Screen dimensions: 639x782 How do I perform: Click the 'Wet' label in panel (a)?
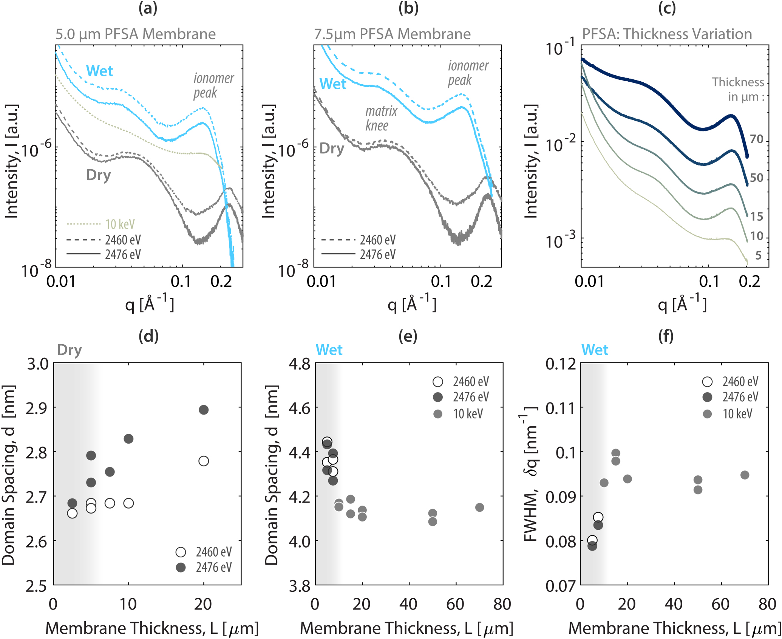(x=99, y=71)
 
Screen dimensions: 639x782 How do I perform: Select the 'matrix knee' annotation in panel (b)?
(x=381, y=118)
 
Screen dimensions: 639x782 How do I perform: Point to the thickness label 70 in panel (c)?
(x=756, y=139)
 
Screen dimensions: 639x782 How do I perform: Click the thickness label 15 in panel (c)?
(x=756, y=217)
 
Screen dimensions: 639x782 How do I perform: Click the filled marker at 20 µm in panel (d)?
(x=203, y=410)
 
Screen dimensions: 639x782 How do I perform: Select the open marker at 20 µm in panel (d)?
(x=203, y=461)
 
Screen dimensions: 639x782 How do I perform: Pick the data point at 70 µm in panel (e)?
(x=479, y=507)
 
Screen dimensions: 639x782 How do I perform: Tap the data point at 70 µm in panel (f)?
(x=745, y=475)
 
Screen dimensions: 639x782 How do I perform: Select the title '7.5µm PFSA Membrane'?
(x=392, y=34)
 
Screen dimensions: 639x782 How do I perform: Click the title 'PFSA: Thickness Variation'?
(x=666, y=34)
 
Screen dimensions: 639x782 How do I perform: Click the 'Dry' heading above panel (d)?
(x=69, y=350)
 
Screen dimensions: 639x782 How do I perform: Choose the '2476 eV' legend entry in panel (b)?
(x=377, y=255)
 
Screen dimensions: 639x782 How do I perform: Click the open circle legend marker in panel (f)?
(x=707, y=382)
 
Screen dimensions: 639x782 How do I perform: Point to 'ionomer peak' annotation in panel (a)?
(x=213, y=85)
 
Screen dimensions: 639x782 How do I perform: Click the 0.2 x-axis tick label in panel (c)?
(x=749, y=282)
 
